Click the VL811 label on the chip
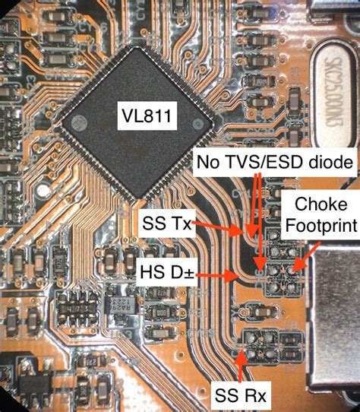pyautogui.click(x=144, y=117)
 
